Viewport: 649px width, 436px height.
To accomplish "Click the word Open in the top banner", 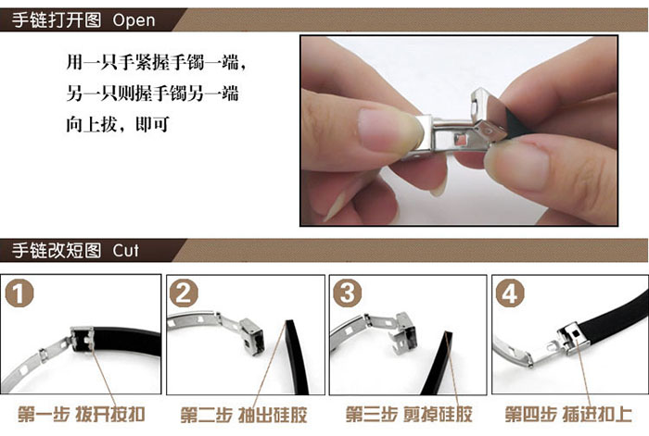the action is pos(134,20).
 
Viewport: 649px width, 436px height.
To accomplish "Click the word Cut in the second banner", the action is pos(125,251).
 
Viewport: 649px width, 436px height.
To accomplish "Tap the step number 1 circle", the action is pos(19,293).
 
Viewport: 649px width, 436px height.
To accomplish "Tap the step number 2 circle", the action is pos(184,293).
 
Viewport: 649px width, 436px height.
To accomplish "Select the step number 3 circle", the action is pos(348,293).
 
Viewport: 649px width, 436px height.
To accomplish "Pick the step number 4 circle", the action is pos(510,293).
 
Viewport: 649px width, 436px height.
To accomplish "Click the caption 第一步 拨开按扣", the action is pos(82,414).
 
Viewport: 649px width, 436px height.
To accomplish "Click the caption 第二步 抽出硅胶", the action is pos(244,415).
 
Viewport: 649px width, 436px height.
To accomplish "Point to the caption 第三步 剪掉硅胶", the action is pos(409,414).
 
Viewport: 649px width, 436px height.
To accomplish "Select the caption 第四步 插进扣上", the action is pos(568,414).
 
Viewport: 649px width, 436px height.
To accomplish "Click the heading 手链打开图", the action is pos(57,19).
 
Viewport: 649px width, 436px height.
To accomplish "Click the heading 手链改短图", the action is pos(57,251).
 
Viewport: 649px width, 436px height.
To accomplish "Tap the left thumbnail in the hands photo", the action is pos(389,131).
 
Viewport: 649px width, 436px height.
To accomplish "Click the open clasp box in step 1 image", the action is pos(82,340).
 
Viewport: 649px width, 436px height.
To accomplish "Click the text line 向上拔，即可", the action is pos(118,124).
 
